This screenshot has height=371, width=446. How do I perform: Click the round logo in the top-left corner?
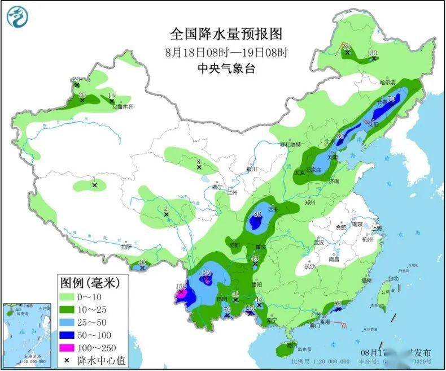tap(18, 17)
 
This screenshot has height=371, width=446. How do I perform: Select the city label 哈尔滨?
tap(389, 83)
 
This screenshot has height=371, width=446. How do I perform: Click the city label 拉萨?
tap(125, 247)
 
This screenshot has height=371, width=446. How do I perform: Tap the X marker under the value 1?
tap(95, 185)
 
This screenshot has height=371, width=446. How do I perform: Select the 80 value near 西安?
tap(257, 214)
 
